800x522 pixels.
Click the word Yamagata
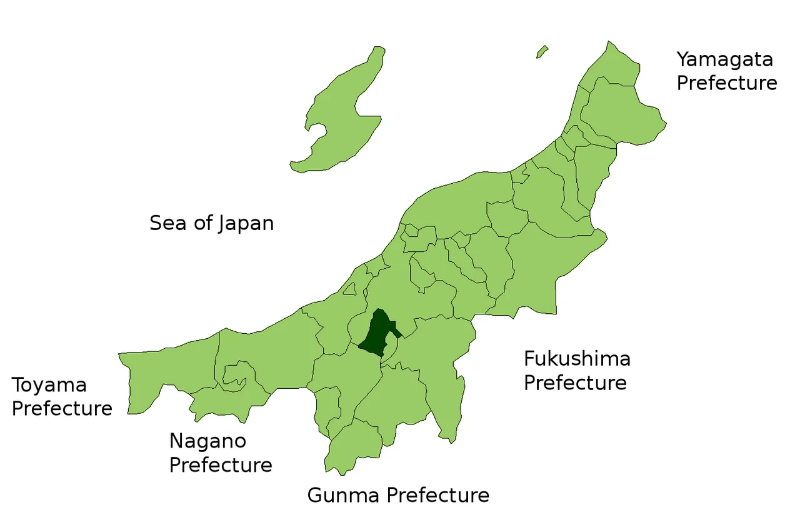tap(725, 60)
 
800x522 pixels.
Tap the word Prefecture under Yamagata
tap(727, 83)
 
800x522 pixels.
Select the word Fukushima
tap(577, 359)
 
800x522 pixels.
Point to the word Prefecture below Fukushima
tap(575, 383)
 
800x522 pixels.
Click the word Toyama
tap(49, 386)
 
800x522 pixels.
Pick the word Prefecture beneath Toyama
tap(62, 409)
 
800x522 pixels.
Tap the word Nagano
tap(207, 442)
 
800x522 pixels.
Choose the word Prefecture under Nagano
tap(221, 466)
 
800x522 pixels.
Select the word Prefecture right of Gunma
tap(436, 496)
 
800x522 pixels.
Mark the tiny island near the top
tap(542, 52)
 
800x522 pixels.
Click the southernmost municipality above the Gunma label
tap(353, 447)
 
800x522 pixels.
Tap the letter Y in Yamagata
tap(684, 59)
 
